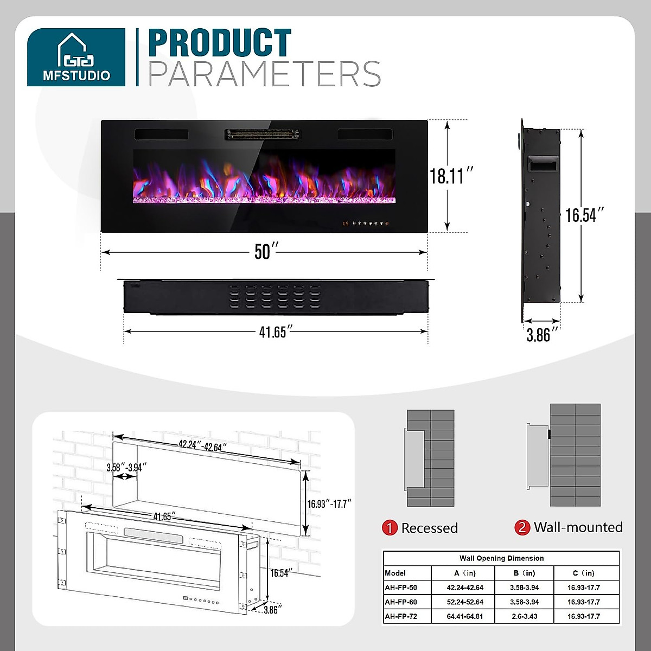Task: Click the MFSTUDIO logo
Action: pyautogui.click(x=76, y=57)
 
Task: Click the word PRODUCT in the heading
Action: pyautogui.click(x=220, y=43)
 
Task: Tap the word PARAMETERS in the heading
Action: pyautogui.click(x=264, y=74)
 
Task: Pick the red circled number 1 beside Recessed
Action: pyautogui.click(x=390, y=528)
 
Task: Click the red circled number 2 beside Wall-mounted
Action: pyautogui.click(x=522, y=527)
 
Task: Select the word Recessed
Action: pyautogui.click(x=430, y=528)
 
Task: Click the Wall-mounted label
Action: pyautogui.click(x=578, y=527)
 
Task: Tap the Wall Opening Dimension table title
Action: pyautogui.click(x=501, y=558)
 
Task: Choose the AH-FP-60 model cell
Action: pyautogui.click(x=401, y=602)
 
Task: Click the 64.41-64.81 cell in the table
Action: pyautogui.click(x=464, y=616)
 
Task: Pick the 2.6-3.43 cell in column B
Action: pyautogui.click(x=524, y=616)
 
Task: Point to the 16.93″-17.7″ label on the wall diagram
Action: pyautogui.click(x=330, y=503)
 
